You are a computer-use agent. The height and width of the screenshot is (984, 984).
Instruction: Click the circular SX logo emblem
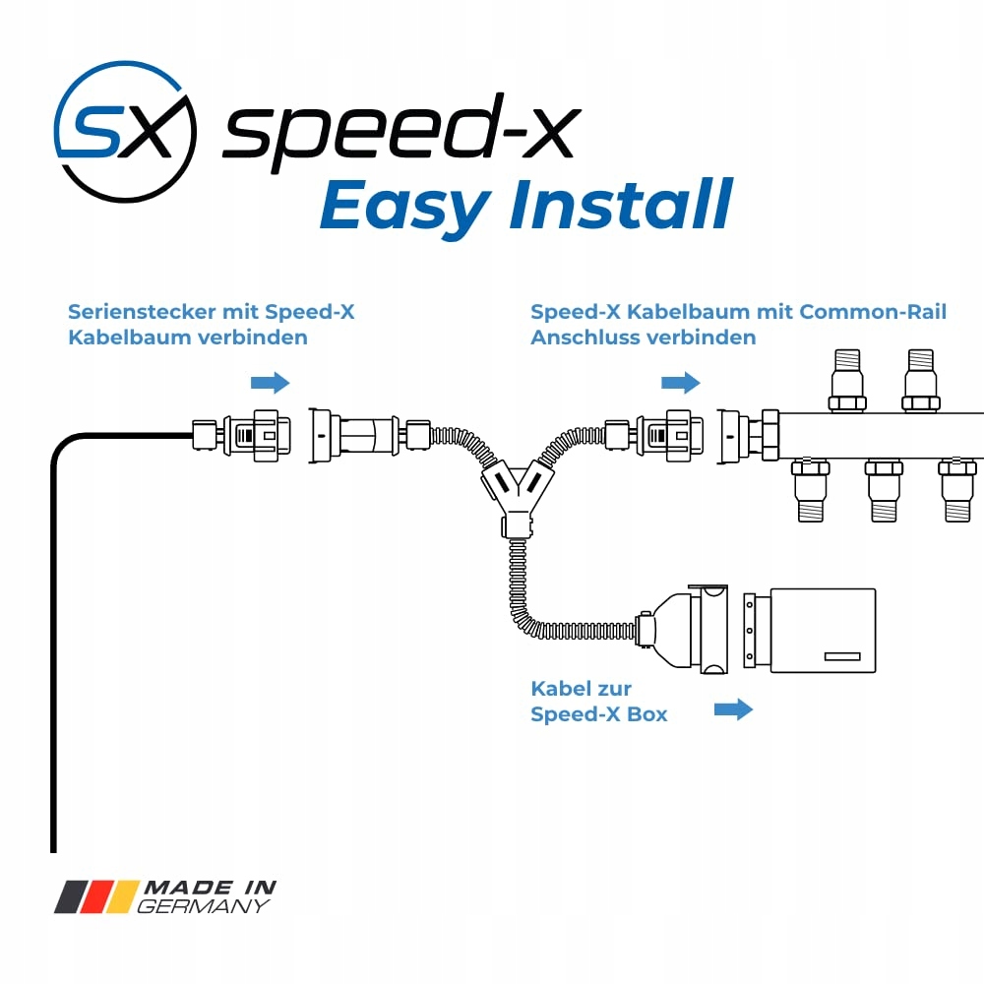(x=125, y=132)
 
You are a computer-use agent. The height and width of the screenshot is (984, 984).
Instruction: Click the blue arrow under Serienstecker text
(x=271, y=382)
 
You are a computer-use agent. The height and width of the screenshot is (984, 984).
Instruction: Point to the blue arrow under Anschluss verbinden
(x=680, y=382)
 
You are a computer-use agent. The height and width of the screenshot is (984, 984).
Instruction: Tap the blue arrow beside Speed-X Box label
(x=732, y=708)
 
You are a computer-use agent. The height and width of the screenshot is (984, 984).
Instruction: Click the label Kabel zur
(x=581, y=688)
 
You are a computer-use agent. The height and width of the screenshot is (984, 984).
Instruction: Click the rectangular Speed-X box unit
(x=822, y=631)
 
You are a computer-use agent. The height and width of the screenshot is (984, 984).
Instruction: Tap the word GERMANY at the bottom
(x=203, y=906)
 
